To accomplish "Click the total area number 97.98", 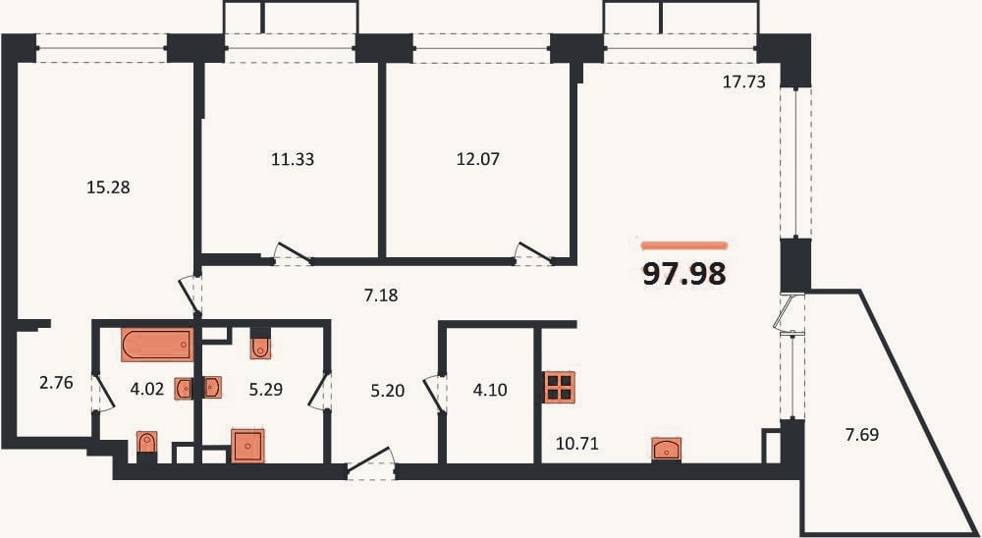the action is click(x=684, y=274).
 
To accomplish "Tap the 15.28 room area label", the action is click(x=108, y=188).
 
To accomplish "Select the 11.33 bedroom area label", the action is click(x=293, y=160).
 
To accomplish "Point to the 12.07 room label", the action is click(x=477, y=160).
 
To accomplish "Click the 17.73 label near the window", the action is click(x=744, y=82).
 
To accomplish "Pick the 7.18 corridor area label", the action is click(x=381, y=295).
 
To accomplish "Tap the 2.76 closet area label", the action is click(x=56, y=383).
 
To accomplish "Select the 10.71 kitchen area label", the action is click(x=577, y=445).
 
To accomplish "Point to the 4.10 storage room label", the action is click(x=490, y=391).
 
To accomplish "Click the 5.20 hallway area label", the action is click(x=388, y=392).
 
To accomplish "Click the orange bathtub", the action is click(x=157, y=345).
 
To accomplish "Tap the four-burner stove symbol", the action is click(x=560, y=387).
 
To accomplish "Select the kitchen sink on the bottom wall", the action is click(x=667, y=449).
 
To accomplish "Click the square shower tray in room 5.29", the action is click(x=248, y=446).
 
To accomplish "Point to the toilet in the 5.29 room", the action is click(x=260, y=346).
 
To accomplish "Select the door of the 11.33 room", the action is click(x=293, y=253).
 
